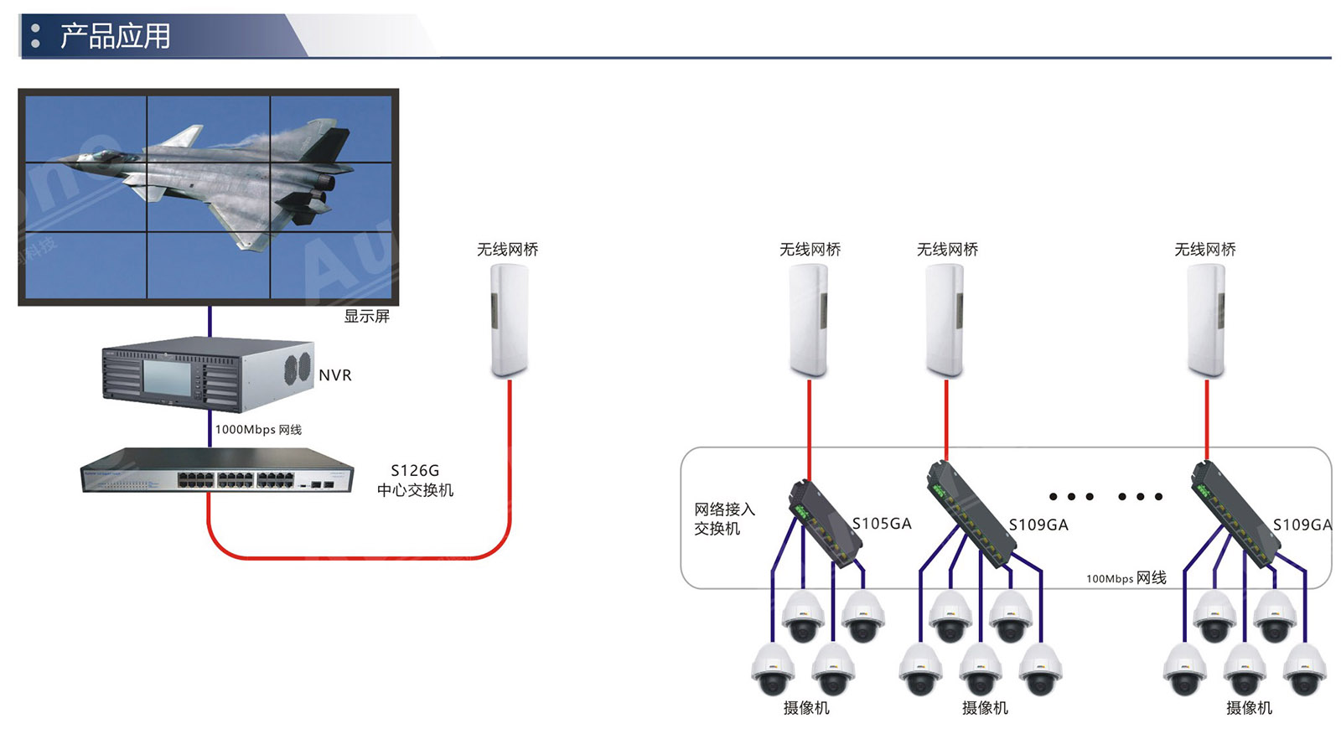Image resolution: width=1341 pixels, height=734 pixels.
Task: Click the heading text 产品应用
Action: point(115,36)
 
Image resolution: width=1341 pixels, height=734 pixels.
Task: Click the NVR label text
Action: point(334,375)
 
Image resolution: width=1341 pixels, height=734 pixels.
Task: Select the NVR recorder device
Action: point(207,375)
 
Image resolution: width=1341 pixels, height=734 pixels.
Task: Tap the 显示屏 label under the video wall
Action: point(366,317)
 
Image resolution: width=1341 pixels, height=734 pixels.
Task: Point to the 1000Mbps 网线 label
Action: point(258,430)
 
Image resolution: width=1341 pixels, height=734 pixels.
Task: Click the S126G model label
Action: point(415,471)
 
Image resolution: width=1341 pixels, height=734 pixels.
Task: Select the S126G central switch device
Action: point(216,471)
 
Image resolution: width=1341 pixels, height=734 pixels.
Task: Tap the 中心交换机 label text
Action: point(415,490)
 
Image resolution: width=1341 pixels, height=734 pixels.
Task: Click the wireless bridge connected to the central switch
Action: point(509,320)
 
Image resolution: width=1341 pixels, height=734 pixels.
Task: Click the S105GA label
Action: point(882,524)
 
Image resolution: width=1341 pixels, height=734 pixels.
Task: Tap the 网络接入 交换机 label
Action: point(723,519)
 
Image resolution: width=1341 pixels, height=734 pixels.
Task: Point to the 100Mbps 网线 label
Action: point(1126,578)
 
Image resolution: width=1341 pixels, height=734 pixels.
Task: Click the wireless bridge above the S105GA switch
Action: point(809,320)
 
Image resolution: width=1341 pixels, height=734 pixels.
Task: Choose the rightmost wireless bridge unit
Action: point(1206,320)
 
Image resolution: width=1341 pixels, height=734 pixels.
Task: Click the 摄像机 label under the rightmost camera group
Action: point(1249,708)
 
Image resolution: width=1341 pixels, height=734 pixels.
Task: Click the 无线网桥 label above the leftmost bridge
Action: point(507,250)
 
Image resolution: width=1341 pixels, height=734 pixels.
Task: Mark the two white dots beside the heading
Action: point(35,35)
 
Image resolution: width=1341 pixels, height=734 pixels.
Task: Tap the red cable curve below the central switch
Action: point(352,557)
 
